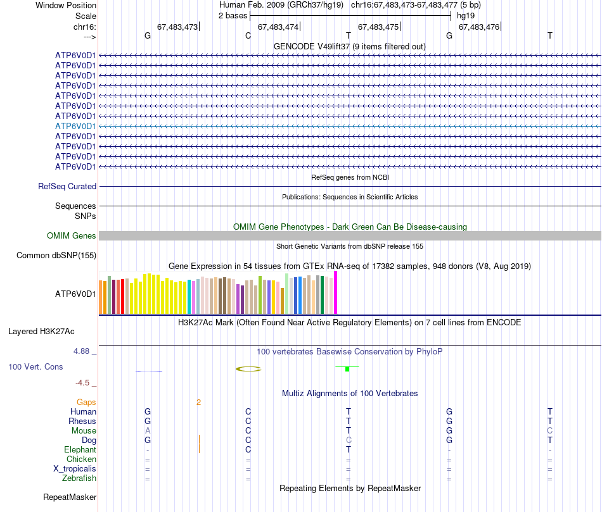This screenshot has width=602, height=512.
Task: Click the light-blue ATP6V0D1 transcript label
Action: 75,126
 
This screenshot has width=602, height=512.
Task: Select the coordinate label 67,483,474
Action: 278,27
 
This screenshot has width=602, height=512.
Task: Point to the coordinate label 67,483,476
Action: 478,27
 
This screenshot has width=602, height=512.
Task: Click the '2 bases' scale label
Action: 233,15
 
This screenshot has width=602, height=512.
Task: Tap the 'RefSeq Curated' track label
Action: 67,187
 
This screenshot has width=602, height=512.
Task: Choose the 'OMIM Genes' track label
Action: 72,236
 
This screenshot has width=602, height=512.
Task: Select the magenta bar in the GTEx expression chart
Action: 335,292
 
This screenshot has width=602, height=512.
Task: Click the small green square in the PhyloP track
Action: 347,368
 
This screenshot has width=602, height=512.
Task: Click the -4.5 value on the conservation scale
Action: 84,382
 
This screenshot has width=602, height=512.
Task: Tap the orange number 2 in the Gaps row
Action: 198,402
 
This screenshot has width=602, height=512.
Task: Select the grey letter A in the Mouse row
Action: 148,430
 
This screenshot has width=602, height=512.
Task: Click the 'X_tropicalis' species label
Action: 75,468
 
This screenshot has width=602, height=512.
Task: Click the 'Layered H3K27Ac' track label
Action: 41,331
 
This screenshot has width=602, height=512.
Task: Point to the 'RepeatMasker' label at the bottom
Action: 70,497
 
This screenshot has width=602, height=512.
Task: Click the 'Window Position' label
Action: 66,5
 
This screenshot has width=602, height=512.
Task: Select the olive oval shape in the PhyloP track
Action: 248,369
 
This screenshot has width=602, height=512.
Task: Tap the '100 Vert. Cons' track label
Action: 35,366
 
